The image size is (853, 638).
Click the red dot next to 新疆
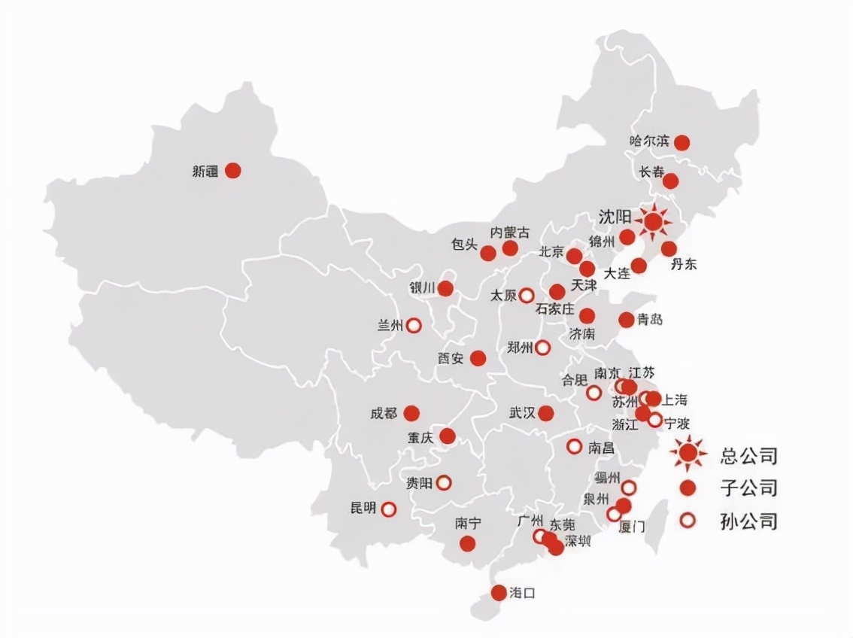[x=233, y=171]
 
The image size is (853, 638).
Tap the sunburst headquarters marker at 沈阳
[x=653, y=221]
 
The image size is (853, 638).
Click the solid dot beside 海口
[x=499, y=593]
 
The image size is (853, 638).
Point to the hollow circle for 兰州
[x=413, y=326]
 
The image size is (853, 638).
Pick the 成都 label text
[x=383, y=413]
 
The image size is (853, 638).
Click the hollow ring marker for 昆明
[x=389, y=509]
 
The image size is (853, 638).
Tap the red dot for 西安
[x=478, y=358]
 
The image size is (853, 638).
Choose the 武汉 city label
[x=521, y=412]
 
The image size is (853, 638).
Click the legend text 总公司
[x=748, y=454]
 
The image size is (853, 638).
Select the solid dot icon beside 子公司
[x=687, y=488]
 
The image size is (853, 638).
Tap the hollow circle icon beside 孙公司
[x=687, y=520]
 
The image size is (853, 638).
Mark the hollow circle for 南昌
[x=574, y=446]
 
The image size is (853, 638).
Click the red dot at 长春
[x=670, y=181]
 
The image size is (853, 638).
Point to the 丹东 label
[x=684, y=264]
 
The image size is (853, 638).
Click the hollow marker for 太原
[x=527, y=295]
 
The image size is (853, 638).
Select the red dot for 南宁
[x=468, y=543]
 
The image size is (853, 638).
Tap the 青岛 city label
[x=649, y=319]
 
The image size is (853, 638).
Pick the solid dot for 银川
[x=445, y=288]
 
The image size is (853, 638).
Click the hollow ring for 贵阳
[x=444, y=482]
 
